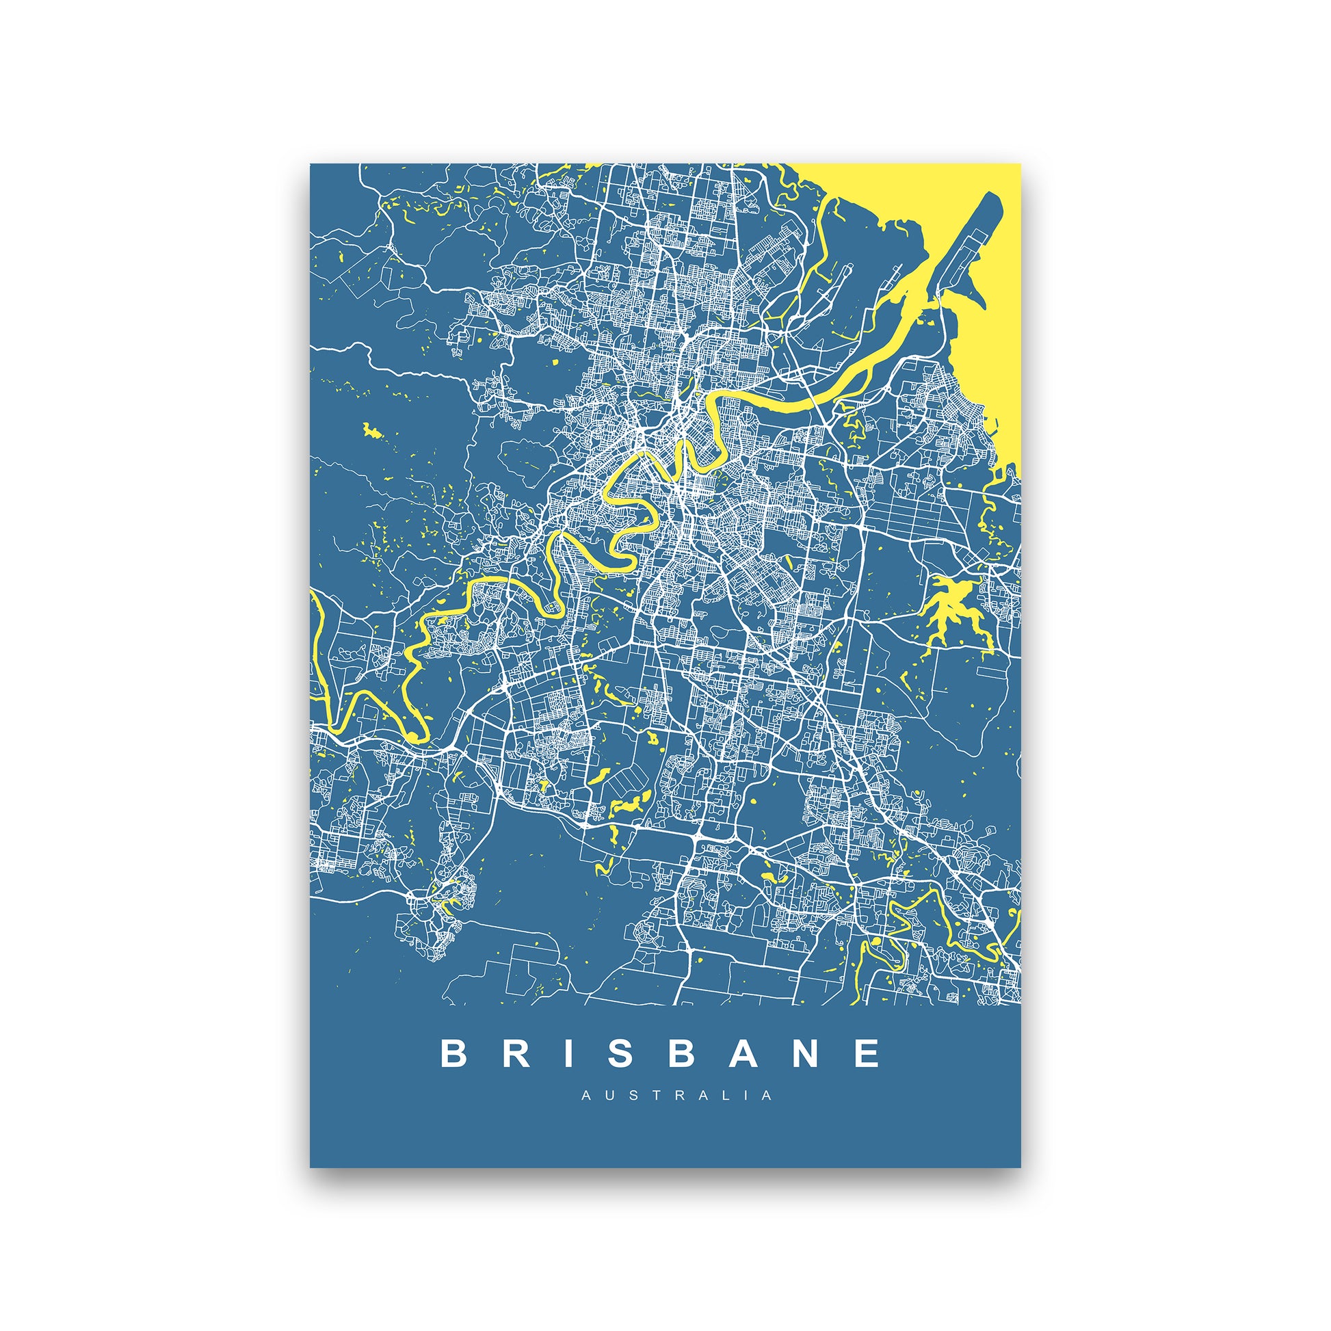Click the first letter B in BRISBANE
(x=454, y=1053)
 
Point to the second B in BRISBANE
(x=681, y=1053)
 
